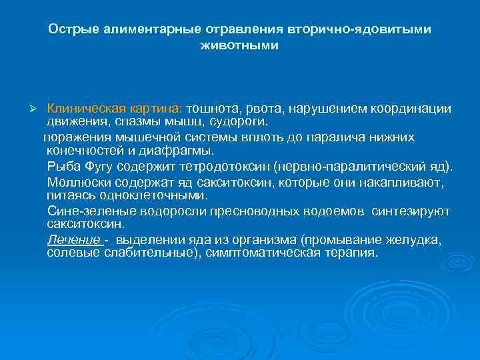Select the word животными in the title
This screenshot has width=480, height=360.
pos(239,47)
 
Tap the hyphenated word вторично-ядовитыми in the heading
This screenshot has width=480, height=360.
pos(359,30)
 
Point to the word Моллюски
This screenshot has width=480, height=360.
pos(73,182)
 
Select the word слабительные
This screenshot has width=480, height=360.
pos(131,253)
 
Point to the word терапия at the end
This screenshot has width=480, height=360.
pos(351,253)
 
